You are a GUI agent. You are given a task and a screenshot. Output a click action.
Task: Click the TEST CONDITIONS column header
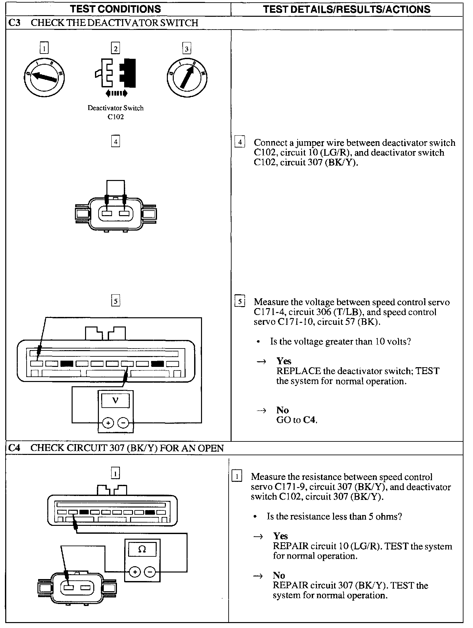click(x=115, y=9)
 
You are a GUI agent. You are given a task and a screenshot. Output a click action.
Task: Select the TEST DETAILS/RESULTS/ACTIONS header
click(x=347, y=9)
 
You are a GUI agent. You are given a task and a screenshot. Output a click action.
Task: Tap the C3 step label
click(x=14, y=23)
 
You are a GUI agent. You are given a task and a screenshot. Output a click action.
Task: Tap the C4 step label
click(x=14, y=448)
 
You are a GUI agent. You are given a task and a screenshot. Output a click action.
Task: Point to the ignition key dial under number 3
click(x=187, y=78)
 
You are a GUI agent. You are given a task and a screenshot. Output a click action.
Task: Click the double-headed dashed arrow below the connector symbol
click(x=116, y=94)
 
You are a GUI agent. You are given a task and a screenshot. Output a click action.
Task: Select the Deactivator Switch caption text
click(x=115, y=108)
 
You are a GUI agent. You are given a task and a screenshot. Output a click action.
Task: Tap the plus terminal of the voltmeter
click(x=108, y=423)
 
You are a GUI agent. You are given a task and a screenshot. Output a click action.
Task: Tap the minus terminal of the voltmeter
click(x=123, y=423)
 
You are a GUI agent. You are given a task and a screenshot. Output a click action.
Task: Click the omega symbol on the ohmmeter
click(x=142, y=549)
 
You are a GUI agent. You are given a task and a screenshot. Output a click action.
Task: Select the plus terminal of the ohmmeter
click(x=134, y=572)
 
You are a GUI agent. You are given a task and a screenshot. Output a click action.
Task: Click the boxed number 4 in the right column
click(x=240, y=142)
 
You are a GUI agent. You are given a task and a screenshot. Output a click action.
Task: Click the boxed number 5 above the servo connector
click(x=116, y=301)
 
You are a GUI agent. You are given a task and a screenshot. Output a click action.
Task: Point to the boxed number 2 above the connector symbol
click(x=116, y=49)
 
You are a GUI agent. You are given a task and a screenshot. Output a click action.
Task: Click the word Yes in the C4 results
click(x=281, y=536)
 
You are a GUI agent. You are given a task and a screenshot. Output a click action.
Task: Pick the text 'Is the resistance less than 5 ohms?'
click(x=334, y=517)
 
